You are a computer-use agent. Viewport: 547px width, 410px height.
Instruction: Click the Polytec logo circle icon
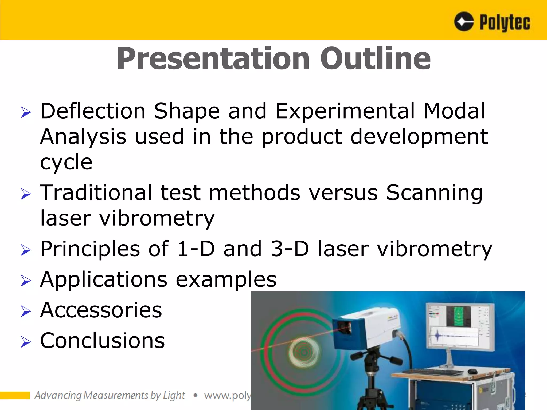(x=464, y=22)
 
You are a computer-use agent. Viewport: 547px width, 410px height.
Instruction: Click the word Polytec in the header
(x=505, y=23)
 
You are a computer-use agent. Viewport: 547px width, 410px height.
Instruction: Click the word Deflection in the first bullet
(x=93, y=111)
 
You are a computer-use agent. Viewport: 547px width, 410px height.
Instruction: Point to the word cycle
(x=66, y=162)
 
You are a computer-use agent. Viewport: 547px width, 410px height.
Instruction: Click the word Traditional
(x=96, y=192)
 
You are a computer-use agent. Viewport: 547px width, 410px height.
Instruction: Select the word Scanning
(x=434, y=193)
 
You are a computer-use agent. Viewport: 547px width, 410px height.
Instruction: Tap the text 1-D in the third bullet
(x=196, y=249)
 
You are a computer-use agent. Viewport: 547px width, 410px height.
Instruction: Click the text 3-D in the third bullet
(x=290, y=249)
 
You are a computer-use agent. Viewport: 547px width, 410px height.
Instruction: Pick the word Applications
(x=104, y=279)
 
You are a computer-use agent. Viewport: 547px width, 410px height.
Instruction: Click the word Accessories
(x=101, y=310)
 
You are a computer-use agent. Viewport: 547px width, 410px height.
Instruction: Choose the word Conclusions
(x=102, y=341)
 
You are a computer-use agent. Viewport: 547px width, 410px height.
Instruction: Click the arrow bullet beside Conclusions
(x=26, y=342)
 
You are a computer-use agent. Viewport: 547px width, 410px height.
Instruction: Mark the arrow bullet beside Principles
(x=26, y=250)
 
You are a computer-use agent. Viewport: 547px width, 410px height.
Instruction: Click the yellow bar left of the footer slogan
(x=15, y=395)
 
